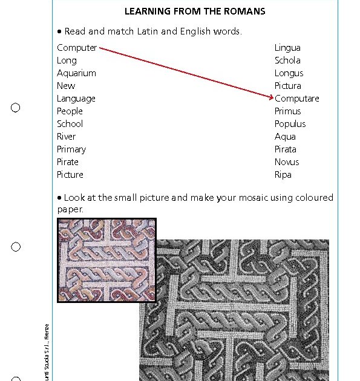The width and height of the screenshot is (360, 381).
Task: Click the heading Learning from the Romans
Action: coord(194,11)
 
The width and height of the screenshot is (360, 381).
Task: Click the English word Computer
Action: coord(77,48)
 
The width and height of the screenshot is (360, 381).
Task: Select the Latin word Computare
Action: coord(296,99)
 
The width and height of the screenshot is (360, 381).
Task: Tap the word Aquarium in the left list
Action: coord(76,73)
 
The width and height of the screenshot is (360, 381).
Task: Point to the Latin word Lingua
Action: coord(287,48)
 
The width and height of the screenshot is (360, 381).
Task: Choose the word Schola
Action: coord(287,60)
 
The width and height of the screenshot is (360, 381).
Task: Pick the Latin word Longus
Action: coord(289,73)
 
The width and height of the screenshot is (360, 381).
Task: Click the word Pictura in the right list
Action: coord(287,86)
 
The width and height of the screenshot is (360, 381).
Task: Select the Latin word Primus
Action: coord(287,111)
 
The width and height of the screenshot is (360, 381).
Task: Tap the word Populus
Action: coord(290,124)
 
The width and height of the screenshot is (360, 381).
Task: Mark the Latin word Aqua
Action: coord(285,137)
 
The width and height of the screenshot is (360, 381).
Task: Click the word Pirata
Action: coord(286,149)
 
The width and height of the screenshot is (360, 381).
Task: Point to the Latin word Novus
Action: coord(287,162)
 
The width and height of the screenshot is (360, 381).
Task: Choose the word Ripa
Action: coord(283,175)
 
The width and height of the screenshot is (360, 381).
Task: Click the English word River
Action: coord(66,137)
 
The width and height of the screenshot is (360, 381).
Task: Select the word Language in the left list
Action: coord(76,99)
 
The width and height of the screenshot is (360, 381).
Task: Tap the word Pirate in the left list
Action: coord(68,162)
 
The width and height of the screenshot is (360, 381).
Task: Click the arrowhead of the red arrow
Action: coord(270,97)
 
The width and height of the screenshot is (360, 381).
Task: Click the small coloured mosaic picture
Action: coord(106,260)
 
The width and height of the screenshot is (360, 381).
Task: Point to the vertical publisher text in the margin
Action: coord(47,354)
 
